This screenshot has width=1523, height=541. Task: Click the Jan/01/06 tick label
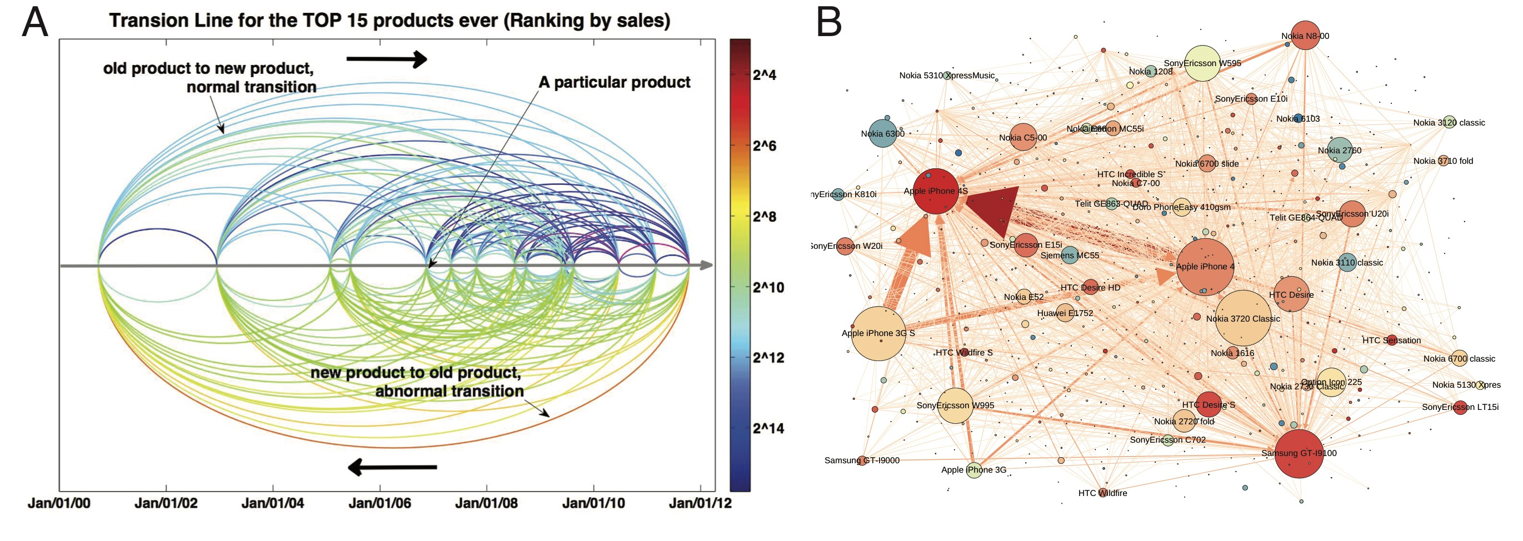(x=379, y=503)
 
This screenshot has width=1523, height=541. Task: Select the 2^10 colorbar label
(x=768, y=287)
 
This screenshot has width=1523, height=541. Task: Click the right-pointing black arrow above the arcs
(x=387, y=58)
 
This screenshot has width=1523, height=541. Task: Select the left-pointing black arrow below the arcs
(x=392, y=467)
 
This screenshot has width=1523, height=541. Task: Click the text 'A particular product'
(x=615, y=82)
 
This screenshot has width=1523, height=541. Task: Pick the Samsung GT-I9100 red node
(x=1299, y=453)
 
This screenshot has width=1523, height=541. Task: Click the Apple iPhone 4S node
(x=935, y=191)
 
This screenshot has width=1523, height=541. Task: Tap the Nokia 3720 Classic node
(x=1244, y=318)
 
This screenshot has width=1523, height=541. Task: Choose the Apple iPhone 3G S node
(x=878, y=333)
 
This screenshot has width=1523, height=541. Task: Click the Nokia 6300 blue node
(x=883, y=134)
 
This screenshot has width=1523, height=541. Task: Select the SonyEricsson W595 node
(x=1202, y=63)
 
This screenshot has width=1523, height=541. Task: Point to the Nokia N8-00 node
(x=1305, y=36)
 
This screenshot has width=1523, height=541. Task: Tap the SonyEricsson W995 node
(x=956, y=405)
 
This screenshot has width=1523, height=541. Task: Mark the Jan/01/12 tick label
(x=700, y=503)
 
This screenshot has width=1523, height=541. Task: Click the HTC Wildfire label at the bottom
(x=1102, y=493)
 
